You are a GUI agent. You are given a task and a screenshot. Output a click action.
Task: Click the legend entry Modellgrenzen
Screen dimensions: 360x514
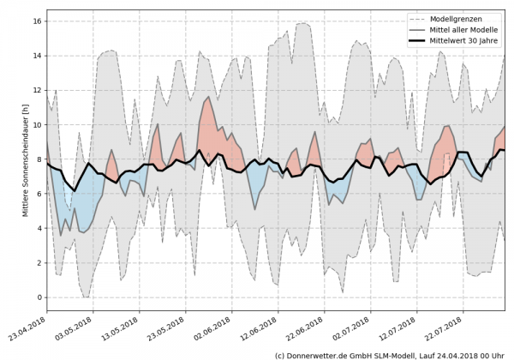pos(460,16)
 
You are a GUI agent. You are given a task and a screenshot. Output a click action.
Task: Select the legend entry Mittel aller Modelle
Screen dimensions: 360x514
pos(466,28)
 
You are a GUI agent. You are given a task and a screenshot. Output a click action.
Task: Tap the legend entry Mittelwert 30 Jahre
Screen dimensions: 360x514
pos(467,39)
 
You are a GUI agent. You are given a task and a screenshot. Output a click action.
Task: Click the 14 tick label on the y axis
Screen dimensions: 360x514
pos(37,55)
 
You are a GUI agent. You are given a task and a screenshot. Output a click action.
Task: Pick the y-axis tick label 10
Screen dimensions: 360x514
pos(37,124)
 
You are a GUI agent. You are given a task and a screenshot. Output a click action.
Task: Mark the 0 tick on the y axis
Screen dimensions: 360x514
pos(39,297)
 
